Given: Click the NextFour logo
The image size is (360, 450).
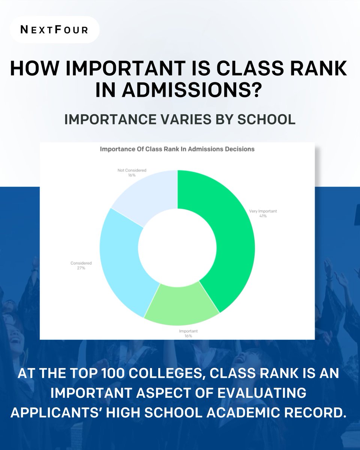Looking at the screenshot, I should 54,29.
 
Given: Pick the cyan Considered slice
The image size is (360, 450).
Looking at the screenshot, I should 124,262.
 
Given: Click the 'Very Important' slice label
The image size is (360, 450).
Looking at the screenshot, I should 263,211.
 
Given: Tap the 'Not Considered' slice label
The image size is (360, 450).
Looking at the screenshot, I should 132,170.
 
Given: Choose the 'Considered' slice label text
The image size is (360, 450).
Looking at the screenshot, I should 81,263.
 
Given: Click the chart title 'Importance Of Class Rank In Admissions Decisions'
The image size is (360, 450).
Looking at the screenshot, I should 177,149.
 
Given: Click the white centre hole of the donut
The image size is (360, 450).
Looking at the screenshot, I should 178,247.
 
